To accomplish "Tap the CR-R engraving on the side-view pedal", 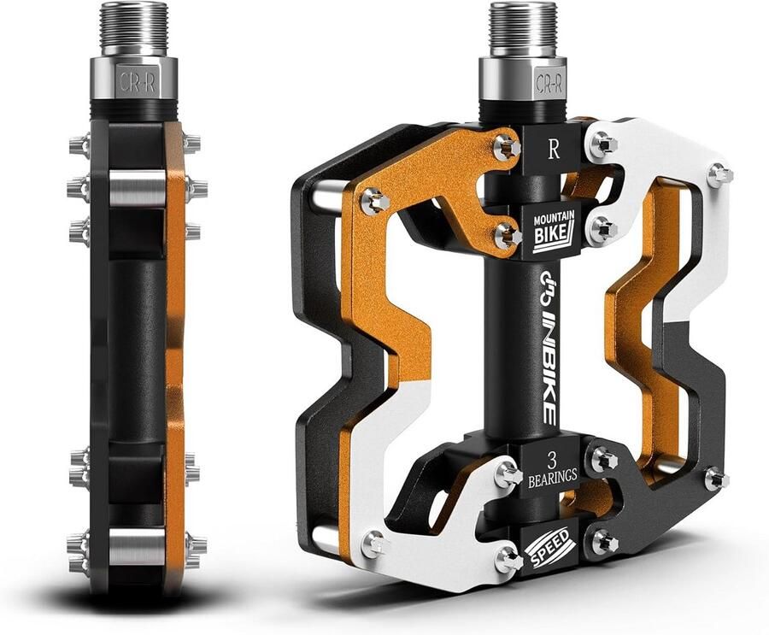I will (x=132, y=83).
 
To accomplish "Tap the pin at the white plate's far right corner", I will (x=719, y=174).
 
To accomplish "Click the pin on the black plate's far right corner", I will (x=716, y=479).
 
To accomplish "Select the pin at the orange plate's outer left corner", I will (x=375, y=202).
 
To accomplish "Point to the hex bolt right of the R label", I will (x=602, y=144).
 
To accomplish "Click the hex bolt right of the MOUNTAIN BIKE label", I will (x=603, y=229).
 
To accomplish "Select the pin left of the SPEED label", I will (x=506, y=560).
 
